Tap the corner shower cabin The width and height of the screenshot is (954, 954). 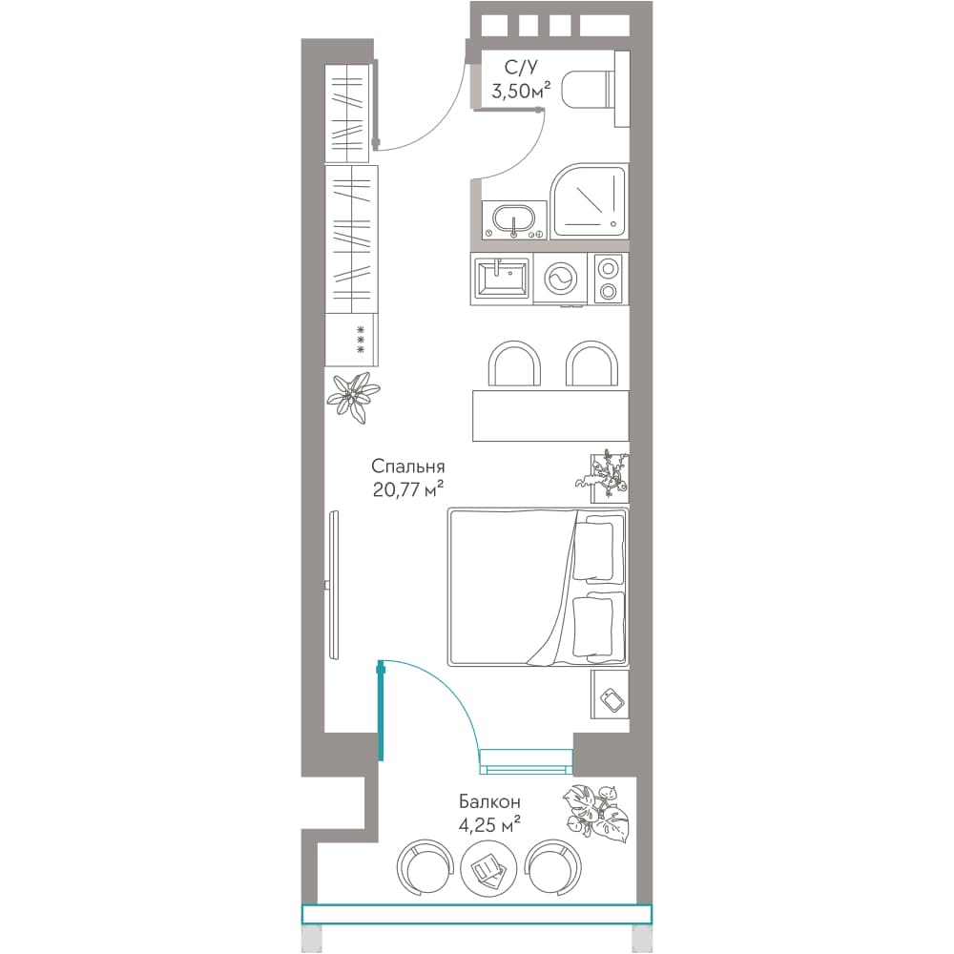588,201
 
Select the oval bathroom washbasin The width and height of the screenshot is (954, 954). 513,218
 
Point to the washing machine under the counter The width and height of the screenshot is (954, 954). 560,280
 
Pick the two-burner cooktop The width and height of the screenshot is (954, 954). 607,280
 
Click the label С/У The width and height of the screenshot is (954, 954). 521,67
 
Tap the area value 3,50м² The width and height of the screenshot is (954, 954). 521,92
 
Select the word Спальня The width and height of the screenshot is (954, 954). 407,467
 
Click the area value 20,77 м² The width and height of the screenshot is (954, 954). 407,488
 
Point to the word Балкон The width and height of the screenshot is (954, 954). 489,801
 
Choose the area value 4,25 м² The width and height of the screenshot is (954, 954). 489,825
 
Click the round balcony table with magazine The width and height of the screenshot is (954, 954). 488,868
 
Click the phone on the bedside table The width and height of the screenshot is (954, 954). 612,699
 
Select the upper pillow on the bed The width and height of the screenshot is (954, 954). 593,550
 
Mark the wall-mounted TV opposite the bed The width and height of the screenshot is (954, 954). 333,584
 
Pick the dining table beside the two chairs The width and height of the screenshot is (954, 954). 550,416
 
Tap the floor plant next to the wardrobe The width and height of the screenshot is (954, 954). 353,397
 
